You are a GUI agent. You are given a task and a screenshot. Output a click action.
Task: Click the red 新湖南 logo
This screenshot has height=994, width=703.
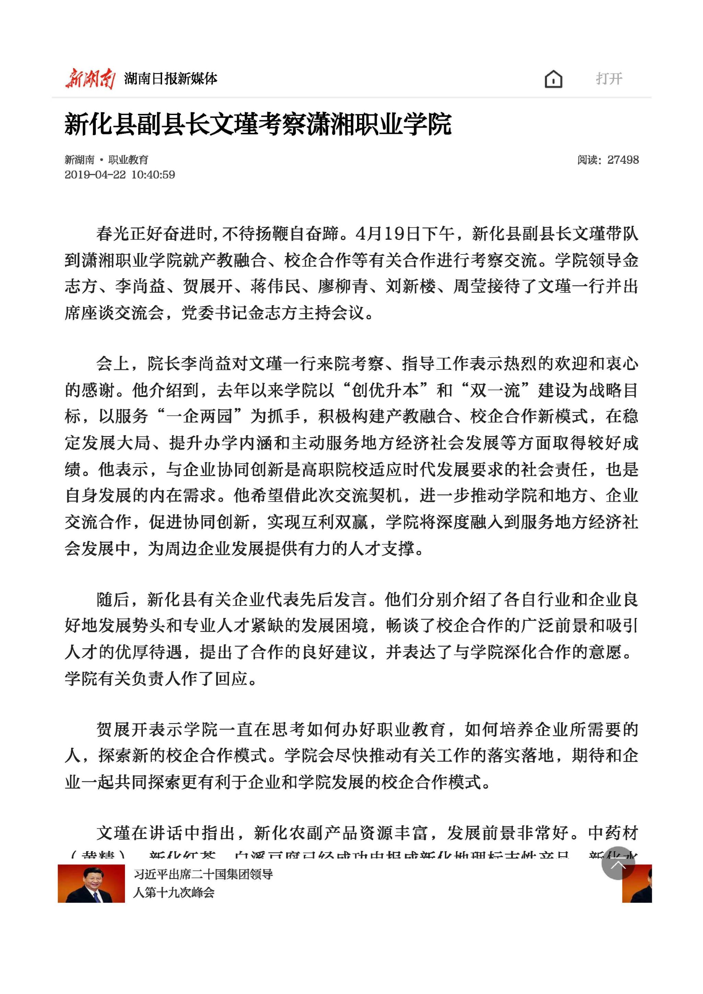coord(90,79)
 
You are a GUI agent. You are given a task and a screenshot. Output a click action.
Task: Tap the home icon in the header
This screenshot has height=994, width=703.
coord(553,79)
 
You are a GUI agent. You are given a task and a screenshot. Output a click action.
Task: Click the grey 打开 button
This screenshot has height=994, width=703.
coord(609,79)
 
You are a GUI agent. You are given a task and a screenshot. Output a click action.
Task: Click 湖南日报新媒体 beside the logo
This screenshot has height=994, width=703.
coord(171,79)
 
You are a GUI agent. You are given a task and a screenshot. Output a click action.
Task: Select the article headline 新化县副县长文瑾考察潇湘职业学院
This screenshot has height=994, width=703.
coord(258,125)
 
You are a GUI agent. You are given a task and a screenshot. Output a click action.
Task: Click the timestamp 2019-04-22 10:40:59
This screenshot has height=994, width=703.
coord(120,175)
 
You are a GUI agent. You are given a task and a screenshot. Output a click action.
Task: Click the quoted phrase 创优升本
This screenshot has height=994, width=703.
coord(385,390)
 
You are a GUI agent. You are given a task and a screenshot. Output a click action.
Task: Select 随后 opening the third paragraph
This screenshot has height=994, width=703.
coord(113,599)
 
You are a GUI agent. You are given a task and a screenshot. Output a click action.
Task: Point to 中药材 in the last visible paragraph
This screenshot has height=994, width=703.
coord(613,833)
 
